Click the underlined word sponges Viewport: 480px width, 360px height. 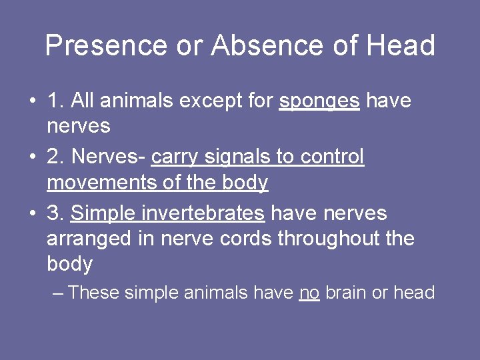click(x=320, y=101)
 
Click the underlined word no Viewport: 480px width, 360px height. click(x=309, y=293)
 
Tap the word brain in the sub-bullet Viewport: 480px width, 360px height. click(x=345, y=292)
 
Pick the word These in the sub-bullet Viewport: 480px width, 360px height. click(x=94, y=292)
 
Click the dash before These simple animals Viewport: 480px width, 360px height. click(x=58, y=293)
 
